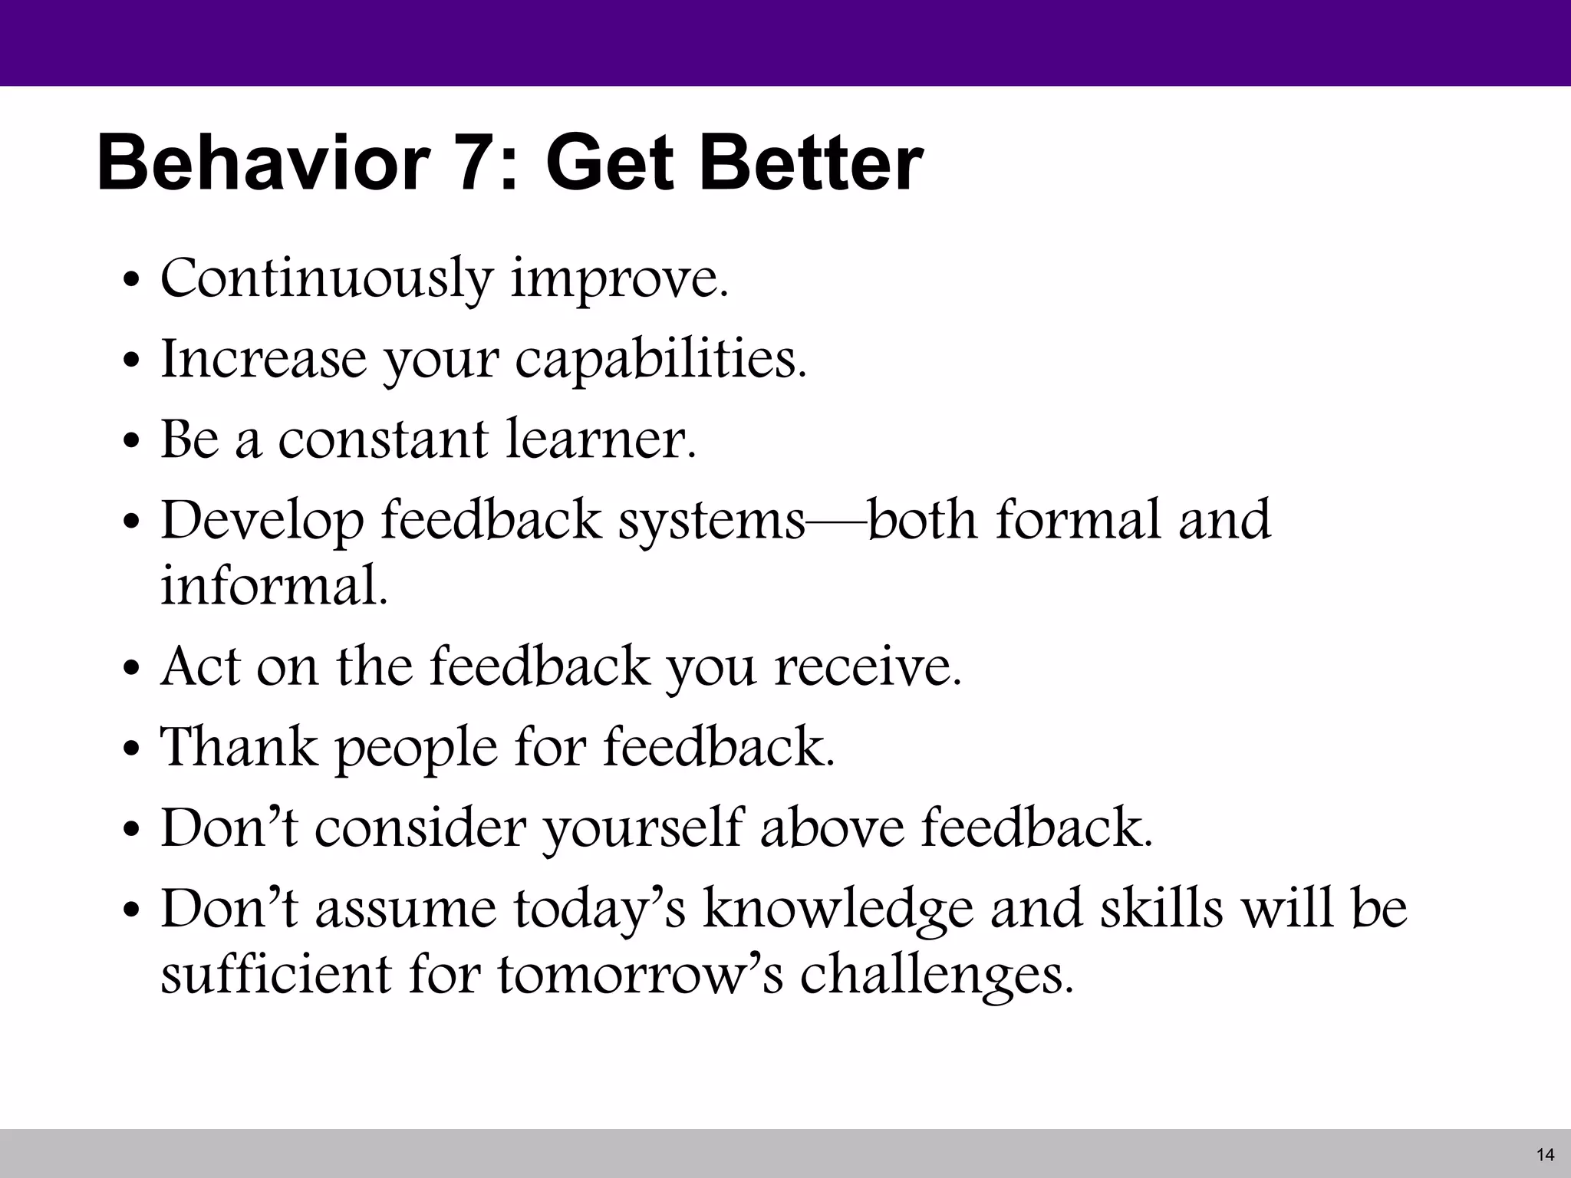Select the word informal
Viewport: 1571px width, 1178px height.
274,587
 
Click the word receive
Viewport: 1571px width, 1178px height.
868,666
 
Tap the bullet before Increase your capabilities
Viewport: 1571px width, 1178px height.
132,360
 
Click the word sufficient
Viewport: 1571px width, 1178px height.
275,974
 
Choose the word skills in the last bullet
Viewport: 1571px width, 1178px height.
1161,908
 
